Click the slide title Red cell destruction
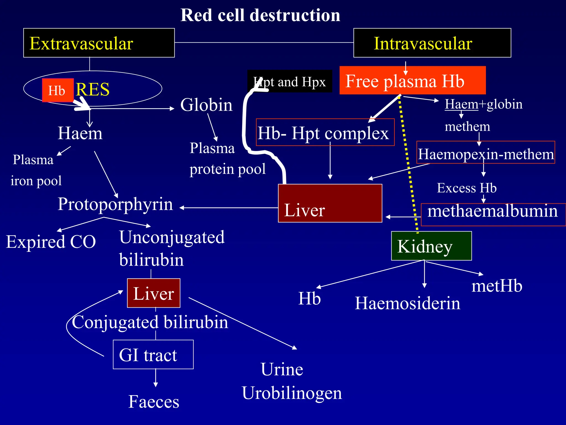pyautogui.click(x=260, y=15)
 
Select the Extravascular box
pyautogui.click(x=99, y=43)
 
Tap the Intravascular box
pyautogui.click(x=432, y=43)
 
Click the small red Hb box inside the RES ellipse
pyautogui.click(x=58, y=90)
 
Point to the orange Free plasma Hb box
pyautogui.click(x=412, y=81)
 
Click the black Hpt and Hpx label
pyautogui.click(x=289, y=82)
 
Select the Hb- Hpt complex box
pyautogui.click(x=325, y=133)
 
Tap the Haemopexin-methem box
pyautogui.click(x=486, y=152)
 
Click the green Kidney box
pyautogui.click(x=431, y=246)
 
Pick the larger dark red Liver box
pyautogui.click(x=330, y=203)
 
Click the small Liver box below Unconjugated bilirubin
pyautogui.click(x=154, y=293)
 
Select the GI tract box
pyautogui.click(x=153, y=354)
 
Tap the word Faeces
pyautogui.click(x=154, y=401)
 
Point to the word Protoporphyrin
pyautogui.click(x=115, y=204)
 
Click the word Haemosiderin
pyautogui.click(x=407, y=303)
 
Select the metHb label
pyautogui.click(x=497, y=286)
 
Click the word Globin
pyautogui.click(x=206, y=105)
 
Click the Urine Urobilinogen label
pyautogui.click(x=292, y=381)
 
